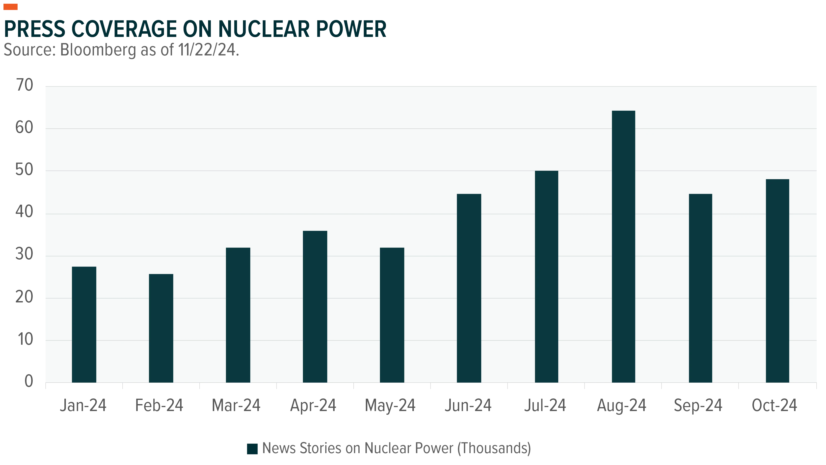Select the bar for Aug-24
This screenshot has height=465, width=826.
tap(623, 246)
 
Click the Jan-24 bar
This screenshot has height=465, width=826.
tap(84, 325)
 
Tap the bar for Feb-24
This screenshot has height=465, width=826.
tap(161, 328)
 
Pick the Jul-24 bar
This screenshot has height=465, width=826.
tap(546, 277)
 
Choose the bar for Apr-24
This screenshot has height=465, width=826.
tap(315, 307)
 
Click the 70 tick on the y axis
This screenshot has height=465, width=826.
tap(24, 85)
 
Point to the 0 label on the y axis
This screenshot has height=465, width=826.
tap(29, 381)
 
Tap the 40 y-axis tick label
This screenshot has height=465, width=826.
tap(24, 212)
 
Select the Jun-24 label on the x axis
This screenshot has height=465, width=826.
tap(468, 405)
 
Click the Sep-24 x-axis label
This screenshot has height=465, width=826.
tap(698, 406)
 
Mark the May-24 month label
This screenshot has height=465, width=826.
tap(390, 406)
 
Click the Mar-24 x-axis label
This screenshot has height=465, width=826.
tap(236, 405)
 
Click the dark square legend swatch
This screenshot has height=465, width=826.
tap(252, 449)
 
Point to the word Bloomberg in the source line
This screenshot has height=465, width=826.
tap(98, 50)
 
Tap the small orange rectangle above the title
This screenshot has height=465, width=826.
tap(11, 7)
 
